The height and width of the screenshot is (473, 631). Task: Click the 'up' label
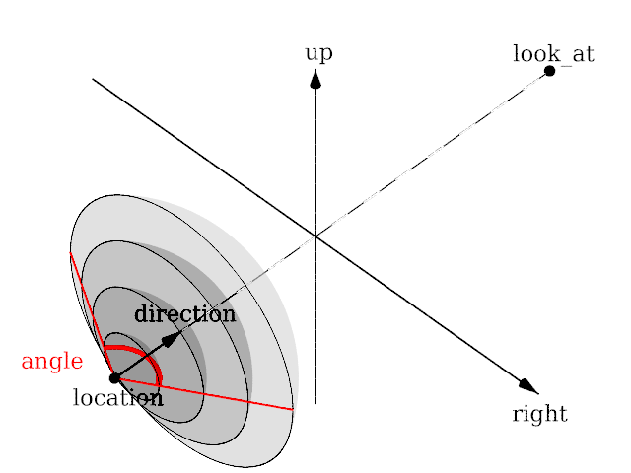318,53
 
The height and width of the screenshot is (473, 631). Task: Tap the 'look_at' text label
553,53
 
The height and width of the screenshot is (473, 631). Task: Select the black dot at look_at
549,71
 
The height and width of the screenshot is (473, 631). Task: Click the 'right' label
539,414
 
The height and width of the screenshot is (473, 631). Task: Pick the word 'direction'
185,314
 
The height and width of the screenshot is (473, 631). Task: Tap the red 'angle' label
51,362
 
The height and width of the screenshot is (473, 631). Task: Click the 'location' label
117,398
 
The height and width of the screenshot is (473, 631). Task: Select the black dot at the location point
114,377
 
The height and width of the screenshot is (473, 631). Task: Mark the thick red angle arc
148,356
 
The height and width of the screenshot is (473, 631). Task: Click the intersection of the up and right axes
315,236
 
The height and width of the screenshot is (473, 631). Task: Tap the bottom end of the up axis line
315,403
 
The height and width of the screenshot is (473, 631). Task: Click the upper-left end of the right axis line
94,79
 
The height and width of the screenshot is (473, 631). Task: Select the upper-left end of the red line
71,254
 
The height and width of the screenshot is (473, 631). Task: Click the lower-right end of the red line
293,408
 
